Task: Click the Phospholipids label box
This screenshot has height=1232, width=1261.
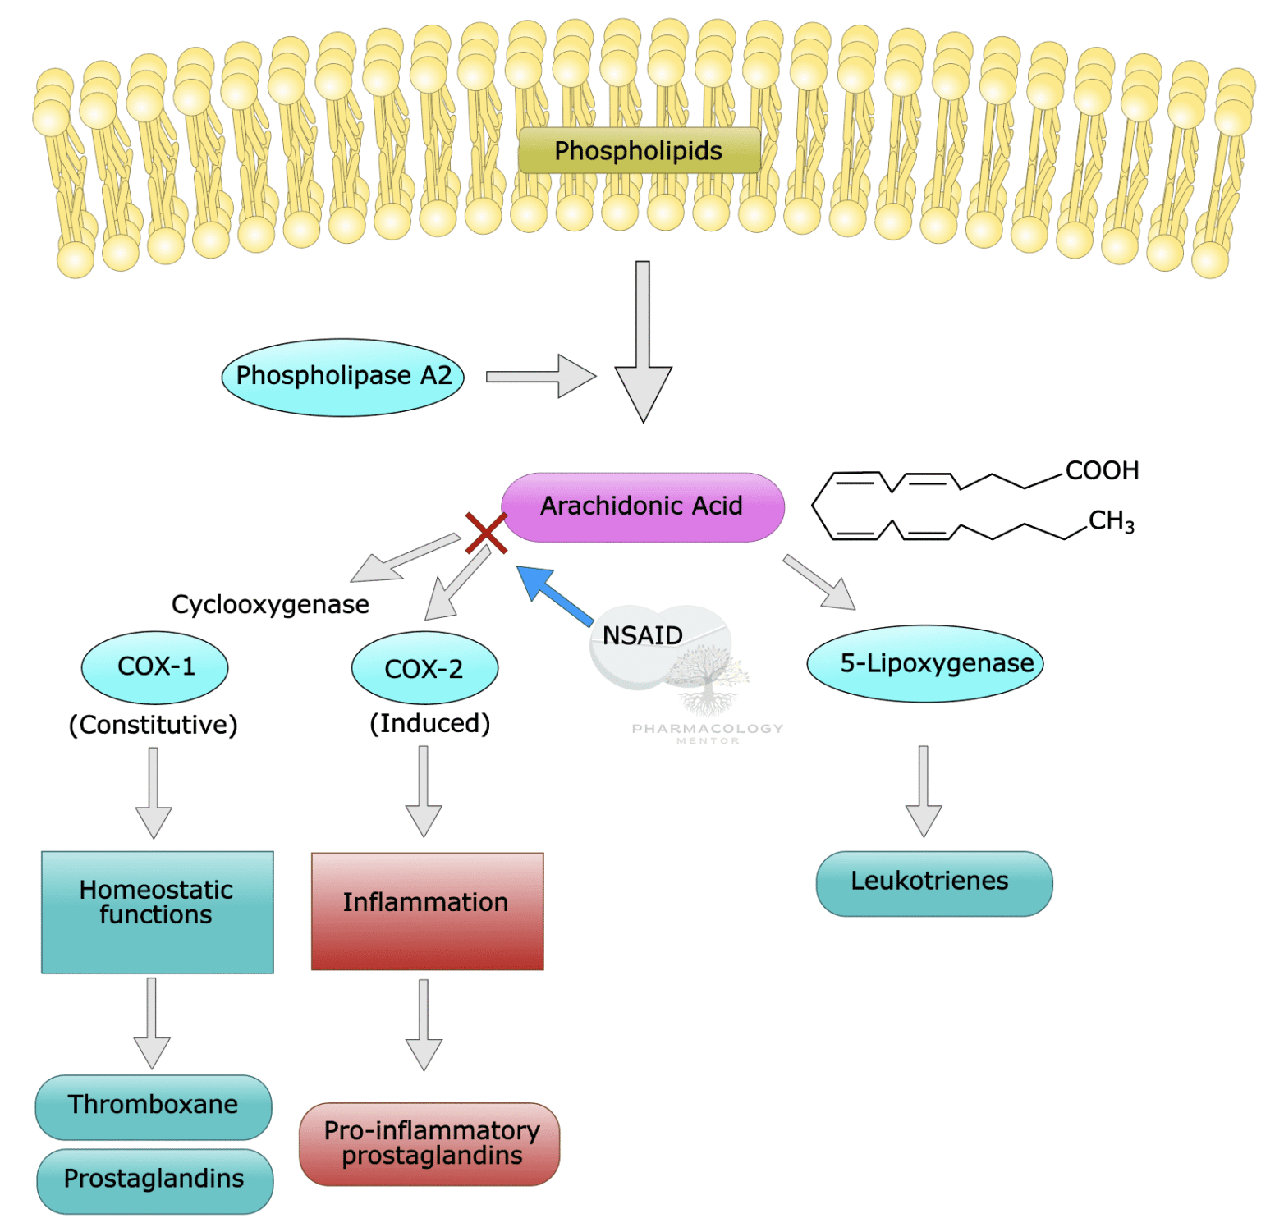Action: tap(639, 150)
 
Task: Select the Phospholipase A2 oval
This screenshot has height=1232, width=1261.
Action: tap(343, 377)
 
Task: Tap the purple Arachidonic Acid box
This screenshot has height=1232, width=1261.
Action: tap(642, 506)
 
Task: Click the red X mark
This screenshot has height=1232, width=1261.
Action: tap(486, 533)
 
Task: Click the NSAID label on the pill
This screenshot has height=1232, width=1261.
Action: tap(642, 635)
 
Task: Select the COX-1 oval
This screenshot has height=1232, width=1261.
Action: tap(155, 666)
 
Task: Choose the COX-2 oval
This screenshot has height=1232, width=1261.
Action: tap(424, 668)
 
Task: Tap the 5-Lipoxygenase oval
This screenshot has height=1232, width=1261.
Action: tap(925, 663)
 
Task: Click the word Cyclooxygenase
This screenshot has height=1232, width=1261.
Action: tap(270, 604)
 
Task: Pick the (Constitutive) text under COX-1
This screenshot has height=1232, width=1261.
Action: tap(154, 725)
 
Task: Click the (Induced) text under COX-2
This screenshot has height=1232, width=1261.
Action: tap(429, 723)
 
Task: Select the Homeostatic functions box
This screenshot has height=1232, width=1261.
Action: tap(158, 911)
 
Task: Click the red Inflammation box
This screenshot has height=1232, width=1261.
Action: tap(427, 910)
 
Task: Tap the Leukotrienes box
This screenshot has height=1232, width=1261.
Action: tap(933, 882)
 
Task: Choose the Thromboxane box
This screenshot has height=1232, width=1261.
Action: tap(154, 1106)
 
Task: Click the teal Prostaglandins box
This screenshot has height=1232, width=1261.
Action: tap(154, 1179)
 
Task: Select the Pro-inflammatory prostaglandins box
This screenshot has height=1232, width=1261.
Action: tap(429, 1143)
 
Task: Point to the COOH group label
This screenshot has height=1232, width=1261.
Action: tap(1102, 470)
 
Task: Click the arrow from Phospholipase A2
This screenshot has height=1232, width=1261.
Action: tap(541, 376)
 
